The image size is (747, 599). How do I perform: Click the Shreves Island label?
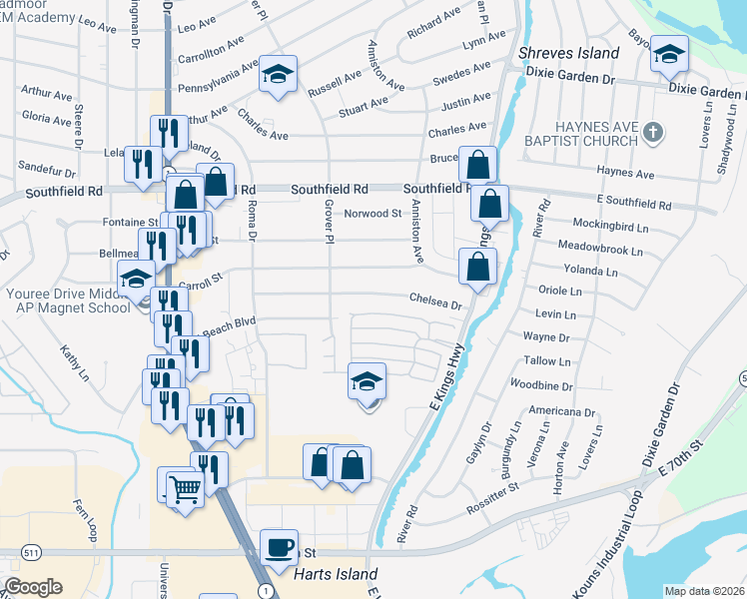(x=569, y=53)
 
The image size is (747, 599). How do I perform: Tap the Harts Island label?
(x=336, y=574)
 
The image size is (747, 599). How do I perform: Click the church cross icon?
(x=653, y=132)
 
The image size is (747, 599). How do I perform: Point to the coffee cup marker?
(x=279, y=547)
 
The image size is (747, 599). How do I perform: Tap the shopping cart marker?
(x=185, y=489)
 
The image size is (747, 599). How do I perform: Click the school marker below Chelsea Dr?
(x=367, y=382)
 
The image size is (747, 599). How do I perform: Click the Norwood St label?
(x=373, y=214)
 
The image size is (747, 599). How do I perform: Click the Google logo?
(x=33, y=586)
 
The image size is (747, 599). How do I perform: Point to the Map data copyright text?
(x=701, y=590)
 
